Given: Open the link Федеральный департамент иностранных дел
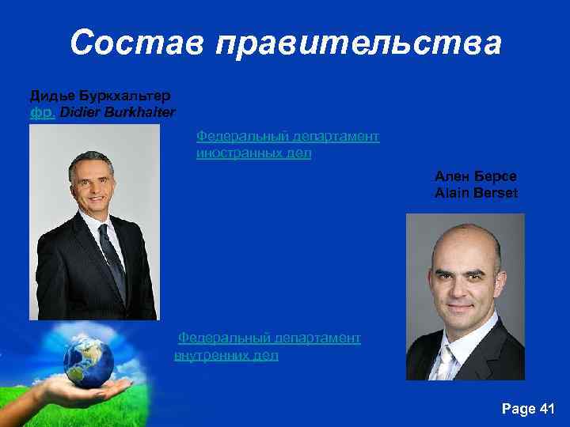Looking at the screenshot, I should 287,145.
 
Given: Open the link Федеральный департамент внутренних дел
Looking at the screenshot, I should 268,346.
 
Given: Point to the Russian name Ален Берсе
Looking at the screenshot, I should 476,176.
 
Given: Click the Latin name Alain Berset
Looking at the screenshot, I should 476,192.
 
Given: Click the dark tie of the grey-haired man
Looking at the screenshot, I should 111,253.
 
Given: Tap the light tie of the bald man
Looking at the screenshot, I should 447,362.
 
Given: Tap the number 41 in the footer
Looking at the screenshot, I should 545,408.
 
